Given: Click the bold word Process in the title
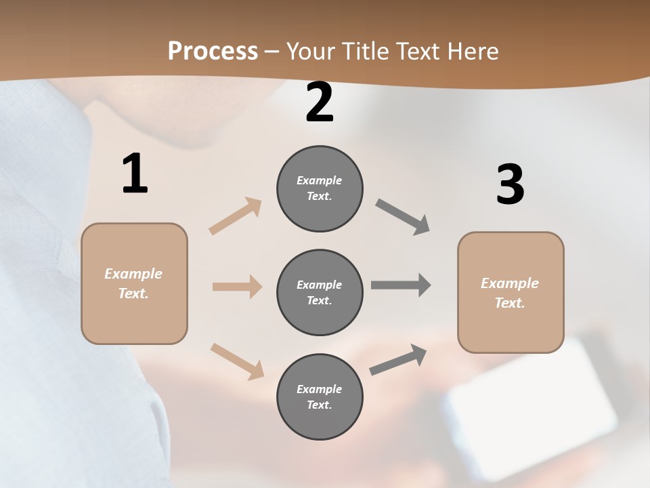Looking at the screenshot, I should (x=213, y=52).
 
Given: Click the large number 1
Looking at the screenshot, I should (x=135, y=174).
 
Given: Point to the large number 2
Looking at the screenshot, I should (x=320, y=103).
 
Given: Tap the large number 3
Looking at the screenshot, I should (x=510, y=184).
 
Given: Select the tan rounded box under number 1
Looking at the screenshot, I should (x=134, y=283).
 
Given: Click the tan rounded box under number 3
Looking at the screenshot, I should (x=511, y=293).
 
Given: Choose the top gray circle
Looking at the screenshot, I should (x=320, y=188).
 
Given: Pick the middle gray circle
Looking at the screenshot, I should (x=320, y=293).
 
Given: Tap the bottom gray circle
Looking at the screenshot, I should (x=320, y=397).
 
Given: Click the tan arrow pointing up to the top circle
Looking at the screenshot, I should (x=236, y=216).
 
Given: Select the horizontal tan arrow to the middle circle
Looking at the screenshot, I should (x=237, y=287).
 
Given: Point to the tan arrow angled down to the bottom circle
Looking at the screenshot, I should (x=237, y=360).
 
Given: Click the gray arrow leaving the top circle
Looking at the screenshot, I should (x=403, y=217).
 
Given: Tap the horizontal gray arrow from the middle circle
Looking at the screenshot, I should (x=401, y=285).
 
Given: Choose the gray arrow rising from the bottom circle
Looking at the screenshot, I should (x=398, y=360).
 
